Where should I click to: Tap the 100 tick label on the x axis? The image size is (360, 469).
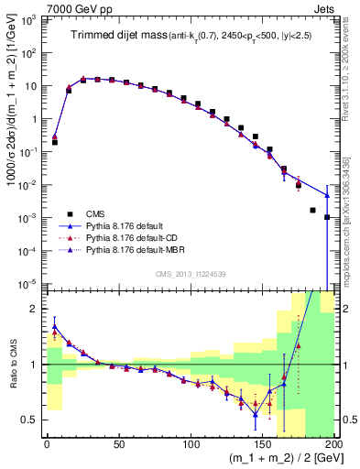click(191, 444)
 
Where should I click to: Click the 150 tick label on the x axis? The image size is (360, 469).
click(263, 444)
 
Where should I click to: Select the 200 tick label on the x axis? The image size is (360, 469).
click(333, 444)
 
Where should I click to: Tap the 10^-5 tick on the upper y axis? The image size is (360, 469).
click(29, 283)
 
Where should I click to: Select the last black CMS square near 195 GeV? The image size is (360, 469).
click(327, 217)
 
